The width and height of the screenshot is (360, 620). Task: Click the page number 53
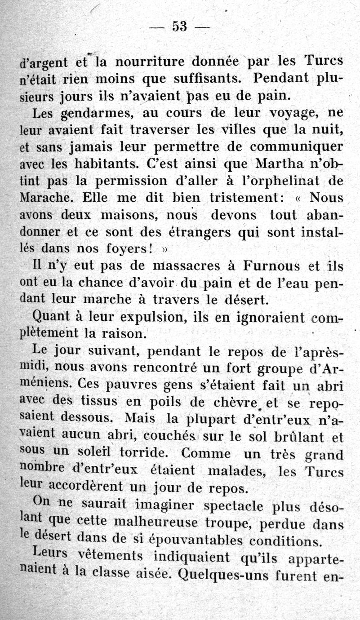[x=179, y=27]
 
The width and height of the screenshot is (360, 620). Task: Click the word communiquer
[x=296, y=147]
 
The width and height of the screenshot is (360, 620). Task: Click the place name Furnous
[x=271, y=266]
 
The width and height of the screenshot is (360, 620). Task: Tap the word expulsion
[x=147, y=317]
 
